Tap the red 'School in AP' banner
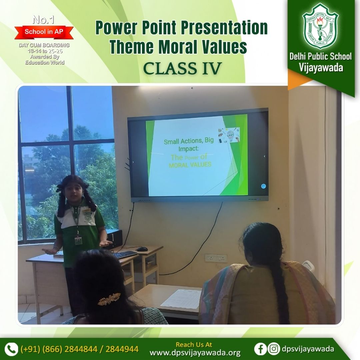44,32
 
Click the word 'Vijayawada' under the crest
321,67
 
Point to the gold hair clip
109,299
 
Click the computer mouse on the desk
142,249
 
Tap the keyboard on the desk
125,254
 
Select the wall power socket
216,258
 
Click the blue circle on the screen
263,186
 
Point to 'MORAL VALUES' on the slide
190,165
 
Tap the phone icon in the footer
12,349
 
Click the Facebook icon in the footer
260,349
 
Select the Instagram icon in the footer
274,349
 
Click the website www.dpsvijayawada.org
195,353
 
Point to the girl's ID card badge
78,240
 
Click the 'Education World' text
45,62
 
